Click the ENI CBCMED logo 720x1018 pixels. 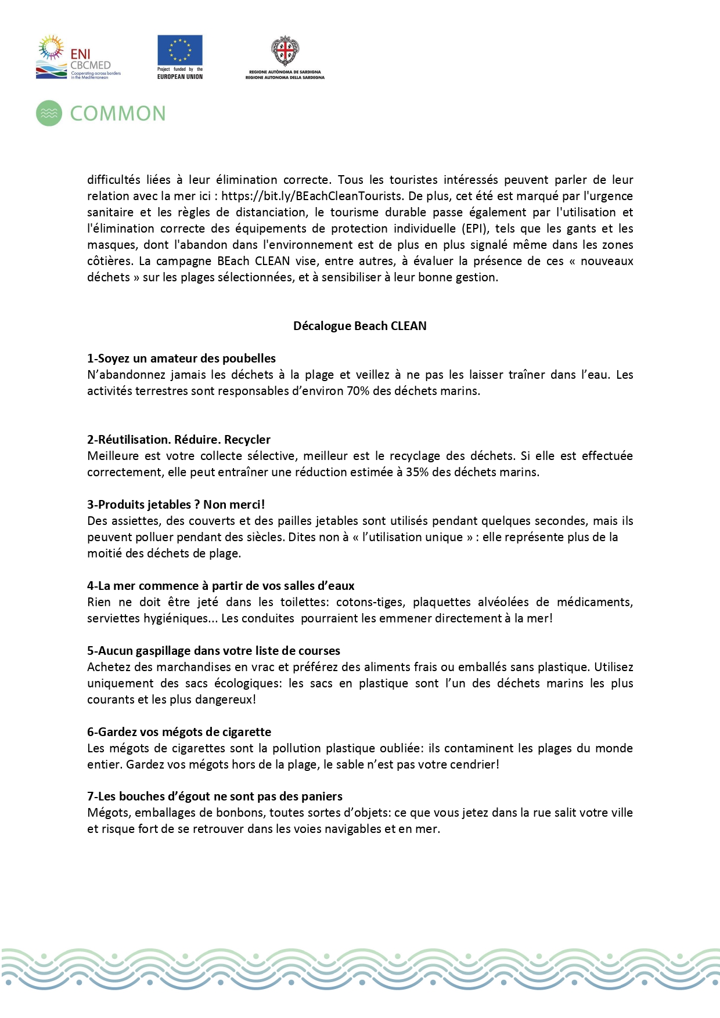(x=78, y=57)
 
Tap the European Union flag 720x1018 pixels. (x=180, y=50)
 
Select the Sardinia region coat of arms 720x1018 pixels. (x=285, y=52)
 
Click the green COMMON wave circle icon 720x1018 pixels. (x=49, y=113)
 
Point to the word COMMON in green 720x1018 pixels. (x=118, y=114)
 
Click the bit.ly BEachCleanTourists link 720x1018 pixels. (x=311, y=196)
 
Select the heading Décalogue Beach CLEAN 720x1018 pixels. (x=359, y=326)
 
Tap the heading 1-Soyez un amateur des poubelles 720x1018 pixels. (x=181, y=358)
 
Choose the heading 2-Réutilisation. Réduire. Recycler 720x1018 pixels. (x=179, y=440)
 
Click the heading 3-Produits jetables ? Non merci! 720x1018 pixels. (x=176, y=505)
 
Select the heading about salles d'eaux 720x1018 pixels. (x=221, y=586)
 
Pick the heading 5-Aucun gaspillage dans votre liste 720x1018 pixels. (x=214, y=651)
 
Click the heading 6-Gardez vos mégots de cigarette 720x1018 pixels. (x=179, y=732)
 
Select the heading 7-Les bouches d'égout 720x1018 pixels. (x=215, y=796)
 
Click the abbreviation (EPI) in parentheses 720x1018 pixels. (x=476, y=229)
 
